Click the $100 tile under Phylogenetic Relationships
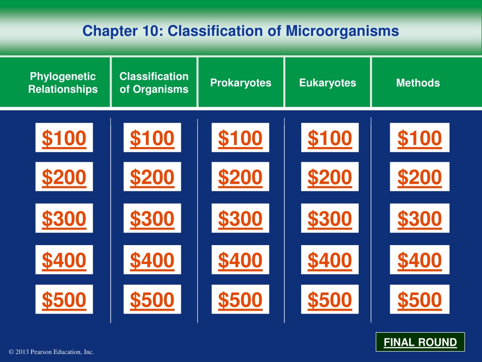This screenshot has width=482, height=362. coord(64,138)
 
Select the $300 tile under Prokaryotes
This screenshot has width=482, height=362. coord(240,218)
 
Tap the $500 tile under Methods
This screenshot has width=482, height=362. coord(419,299)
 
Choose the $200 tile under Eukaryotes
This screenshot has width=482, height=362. coord(330,177)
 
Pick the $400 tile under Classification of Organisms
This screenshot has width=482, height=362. coord(152,260)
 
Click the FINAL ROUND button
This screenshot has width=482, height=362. coord(420,342)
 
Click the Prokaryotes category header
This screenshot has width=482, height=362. coord(241,82)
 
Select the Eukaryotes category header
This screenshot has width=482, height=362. coord(328,82)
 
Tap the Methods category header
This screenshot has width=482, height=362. coord(418,82)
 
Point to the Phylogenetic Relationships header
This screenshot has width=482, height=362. coord(63,82)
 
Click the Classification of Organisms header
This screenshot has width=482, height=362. coord(154,82)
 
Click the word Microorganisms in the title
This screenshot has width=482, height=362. coord(342,31)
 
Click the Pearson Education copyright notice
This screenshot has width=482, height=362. coord(51,352)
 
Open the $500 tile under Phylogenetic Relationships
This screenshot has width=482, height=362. coord(64,299)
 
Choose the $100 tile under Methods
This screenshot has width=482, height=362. coord(419,138)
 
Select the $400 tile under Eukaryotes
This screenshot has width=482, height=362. coord(330,260)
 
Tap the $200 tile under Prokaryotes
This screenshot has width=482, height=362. coord(240,177)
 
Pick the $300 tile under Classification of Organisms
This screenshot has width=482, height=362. coord(152,218)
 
